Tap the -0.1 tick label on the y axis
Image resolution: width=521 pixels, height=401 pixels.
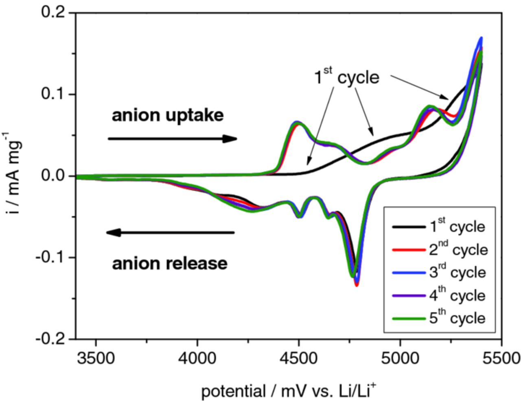(x=50, y=257)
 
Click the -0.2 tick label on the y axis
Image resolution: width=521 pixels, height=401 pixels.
(x=50, y=339)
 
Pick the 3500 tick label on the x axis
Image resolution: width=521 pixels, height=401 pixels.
(x=96, y=359)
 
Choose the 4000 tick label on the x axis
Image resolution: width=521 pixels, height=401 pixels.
(x=197, y=359)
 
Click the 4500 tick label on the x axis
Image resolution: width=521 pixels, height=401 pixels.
(x=299, y=359)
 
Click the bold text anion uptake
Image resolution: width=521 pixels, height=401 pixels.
(x=168, y=116)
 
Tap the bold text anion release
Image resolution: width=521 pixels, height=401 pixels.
(x=169, y=264)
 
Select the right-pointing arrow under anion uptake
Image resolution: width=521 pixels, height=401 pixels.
(x=172, y=139)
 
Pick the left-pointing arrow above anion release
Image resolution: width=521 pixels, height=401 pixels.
(x=170, y=233)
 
